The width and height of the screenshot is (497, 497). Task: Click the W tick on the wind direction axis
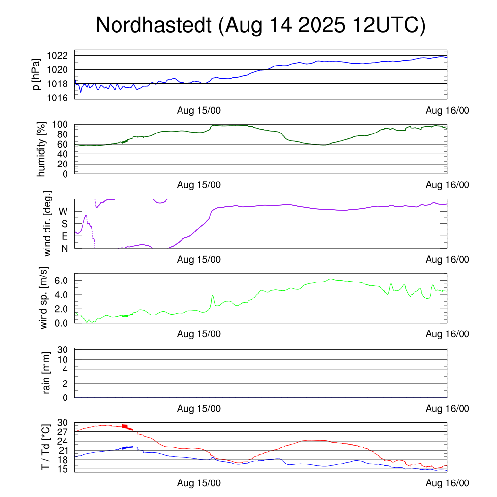[64, 211]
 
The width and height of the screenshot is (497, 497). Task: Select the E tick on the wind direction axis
[65, 236]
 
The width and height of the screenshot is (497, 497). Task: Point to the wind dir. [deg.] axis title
[48, 224]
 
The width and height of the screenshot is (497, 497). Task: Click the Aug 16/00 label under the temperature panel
[447, 483]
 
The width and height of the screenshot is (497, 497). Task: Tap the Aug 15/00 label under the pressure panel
[199, 110]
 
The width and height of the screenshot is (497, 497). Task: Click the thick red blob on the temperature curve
[125, 426]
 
